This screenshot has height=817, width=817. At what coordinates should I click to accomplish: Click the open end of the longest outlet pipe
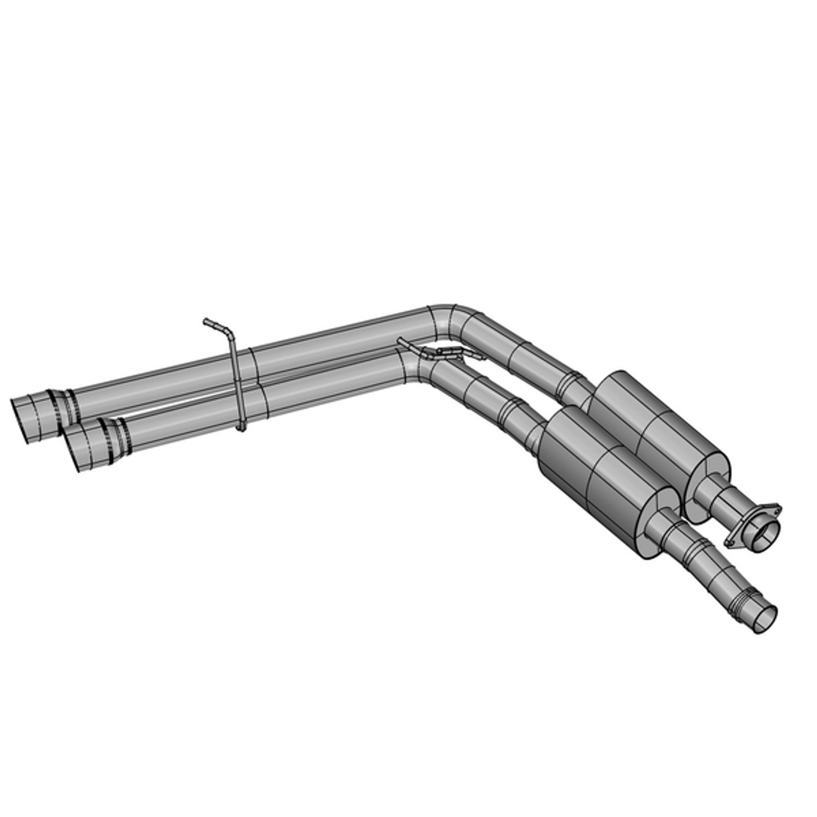coord(762,618)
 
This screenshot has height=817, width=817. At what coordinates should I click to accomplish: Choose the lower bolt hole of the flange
coord(730,543)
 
